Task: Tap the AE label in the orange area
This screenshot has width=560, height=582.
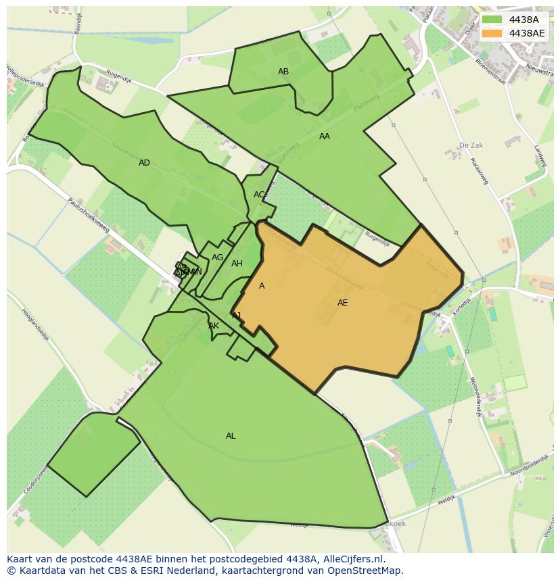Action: click(343, 303)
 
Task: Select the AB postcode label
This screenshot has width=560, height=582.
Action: click(283, 72)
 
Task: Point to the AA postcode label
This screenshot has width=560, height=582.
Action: click(325, 137)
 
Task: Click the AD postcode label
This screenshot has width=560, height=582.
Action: click(144, 163)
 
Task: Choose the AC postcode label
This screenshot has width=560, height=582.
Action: click(259, 195)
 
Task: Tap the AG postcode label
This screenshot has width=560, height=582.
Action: click(217, 258)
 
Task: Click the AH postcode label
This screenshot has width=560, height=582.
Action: click(237, 264)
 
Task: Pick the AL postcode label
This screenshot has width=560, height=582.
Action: click(231, 436)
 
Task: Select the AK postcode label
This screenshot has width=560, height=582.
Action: click(214, 326)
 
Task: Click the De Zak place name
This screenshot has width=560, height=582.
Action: click(471, 145)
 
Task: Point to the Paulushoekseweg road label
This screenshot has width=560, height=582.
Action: click(88, 216)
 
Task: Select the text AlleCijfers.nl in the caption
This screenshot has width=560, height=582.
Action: click(352, 559)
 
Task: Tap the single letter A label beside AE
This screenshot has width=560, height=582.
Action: click(262, 286)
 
